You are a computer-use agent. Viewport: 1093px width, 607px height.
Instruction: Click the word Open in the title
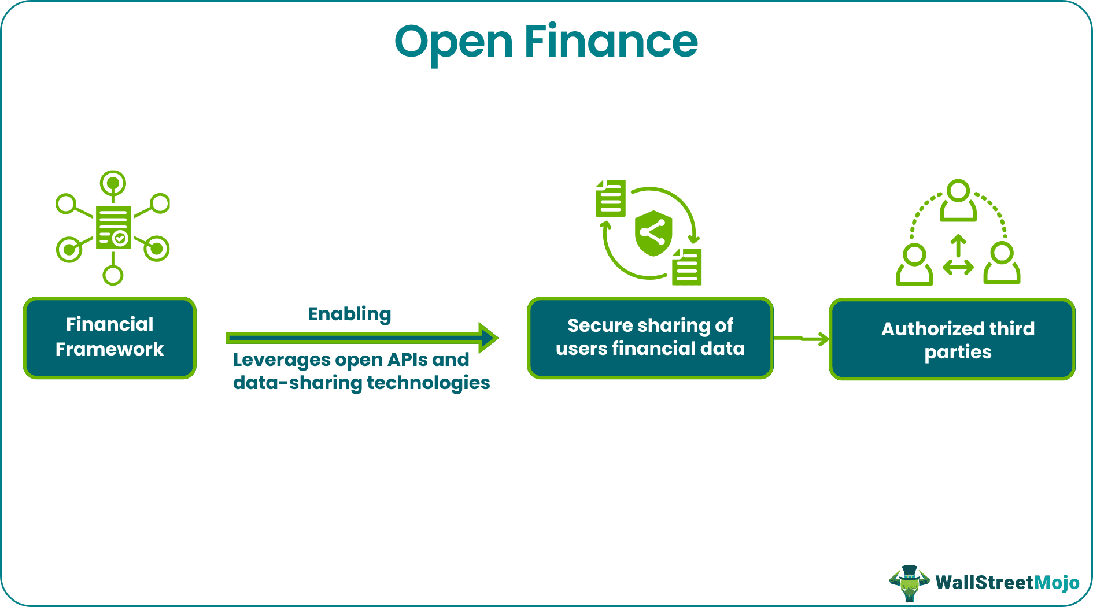[453, 43]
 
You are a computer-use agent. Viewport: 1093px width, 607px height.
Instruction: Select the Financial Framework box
[110, 338]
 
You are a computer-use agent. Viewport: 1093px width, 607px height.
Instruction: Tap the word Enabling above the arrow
[349, 314]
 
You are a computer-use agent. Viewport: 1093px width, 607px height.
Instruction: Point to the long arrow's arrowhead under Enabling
[489, 338]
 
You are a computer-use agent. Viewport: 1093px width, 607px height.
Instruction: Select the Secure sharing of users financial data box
[650, 338]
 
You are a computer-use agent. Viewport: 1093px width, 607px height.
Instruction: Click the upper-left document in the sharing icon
[611, 198]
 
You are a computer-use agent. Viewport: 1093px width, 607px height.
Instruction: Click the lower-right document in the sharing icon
[687, 267]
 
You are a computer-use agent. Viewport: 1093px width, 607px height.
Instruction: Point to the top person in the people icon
[958, 201]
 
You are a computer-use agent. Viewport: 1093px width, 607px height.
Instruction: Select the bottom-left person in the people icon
[914, 264]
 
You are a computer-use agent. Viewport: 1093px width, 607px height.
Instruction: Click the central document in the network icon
[113, 227]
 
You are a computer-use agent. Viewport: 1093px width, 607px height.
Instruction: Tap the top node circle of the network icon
[113, 183]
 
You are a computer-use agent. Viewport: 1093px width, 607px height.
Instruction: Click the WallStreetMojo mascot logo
[910, 583]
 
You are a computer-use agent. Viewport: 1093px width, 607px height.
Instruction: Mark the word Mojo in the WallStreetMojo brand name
[1056, 583]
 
